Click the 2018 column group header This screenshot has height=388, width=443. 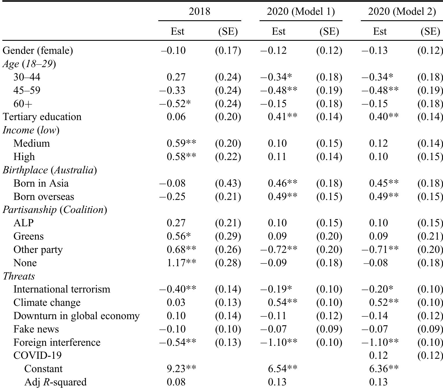click(x=199, y=11)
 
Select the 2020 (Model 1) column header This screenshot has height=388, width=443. click(x=301, y=11)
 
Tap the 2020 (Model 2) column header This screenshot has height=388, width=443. click(x=402, y=11)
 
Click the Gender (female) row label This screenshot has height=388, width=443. click(x=38, y=51)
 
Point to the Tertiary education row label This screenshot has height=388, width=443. click(x=42, y=117)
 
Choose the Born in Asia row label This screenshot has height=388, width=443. click(x=41, y=183)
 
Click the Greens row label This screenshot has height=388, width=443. click(x=28, y=236)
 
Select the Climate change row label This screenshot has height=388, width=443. click(x=47, y=303)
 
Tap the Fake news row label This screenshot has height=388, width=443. click(x=36, y=329)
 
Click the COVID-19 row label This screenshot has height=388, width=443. click(x=37, y=356)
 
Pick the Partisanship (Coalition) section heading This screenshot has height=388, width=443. click(x=55, y=210)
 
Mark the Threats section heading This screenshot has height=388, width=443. click(x=19, y=276)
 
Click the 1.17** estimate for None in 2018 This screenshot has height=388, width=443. click(x=181, y=263)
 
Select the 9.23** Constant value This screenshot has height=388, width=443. click(x=181, y=369)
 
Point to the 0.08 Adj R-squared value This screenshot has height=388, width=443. click(x=176, y=382)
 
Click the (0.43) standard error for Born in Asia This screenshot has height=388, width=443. click(x=228, y=183)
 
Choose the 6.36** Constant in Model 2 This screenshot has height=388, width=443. click(x=384, y=369)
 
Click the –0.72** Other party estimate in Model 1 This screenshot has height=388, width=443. click(x=279, y=250)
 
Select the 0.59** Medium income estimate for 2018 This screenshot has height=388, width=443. click(x=181, y=144)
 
